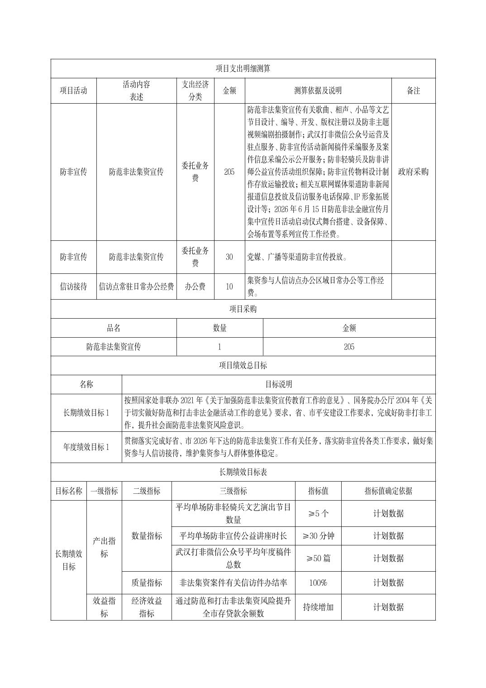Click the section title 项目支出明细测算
click(243, 68)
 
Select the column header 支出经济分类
click(195, 91)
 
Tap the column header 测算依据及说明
click(318, 91)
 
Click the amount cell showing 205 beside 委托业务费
click(229, 172)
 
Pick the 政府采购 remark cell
click(413, 172)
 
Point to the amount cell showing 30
click(229, 257)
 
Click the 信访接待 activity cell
click(73, 287)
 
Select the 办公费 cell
click(195, 287)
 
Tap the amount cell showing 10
click(229, 287)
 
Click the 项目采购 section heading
click(243, 309)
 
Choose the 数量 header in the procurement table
click(219, 328)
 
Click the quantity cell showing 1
click(219, 347)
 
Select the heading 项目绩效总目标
click(243, 365)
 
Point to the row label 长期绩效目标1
click(86, 412)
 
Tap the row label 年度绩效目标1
click(86, 447)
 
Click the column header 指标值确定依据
click(388, 491)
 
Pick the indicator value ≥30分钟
click(318, 536)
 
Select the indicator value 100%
click(318, 583)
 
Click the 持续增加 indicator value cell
click(318, 607)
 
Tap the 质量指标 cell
click(147, 583)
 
